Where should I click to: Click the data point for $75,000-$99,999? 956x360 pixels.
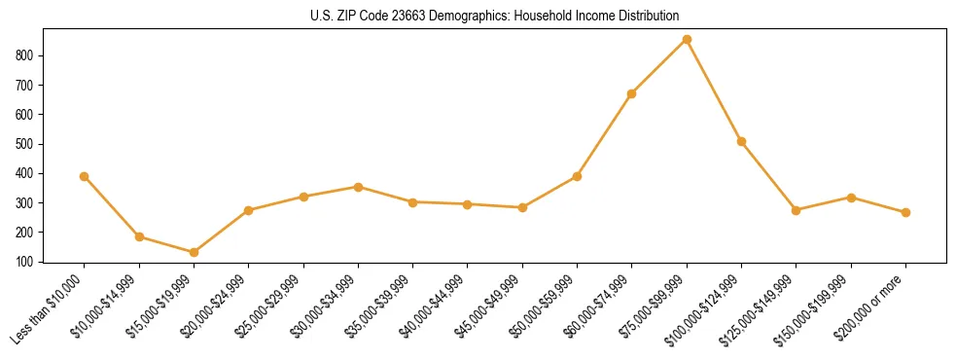click(687, 40)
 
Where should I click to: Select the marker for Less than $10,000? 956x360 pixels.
click(85, 176)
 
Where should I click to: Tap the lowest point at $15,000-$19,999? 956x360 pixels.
click(195, 253)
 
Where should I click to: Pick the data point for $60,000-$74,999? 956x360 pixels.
click(632, 93)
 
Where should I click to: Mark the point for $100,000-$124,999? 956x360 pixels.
click(742, 142)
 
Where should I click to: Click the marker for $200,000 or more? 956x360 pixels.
click(906, 212)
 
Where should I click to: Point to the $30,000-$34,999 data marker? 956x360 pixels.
click(359, 187)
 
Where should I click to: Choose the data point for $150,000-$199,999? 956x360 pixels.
click(852, 198)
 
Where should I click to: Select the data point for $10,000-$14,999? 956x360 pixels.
click(139, 236)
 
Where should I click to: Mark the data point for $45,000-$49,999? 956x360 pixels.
click(523, 207)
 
